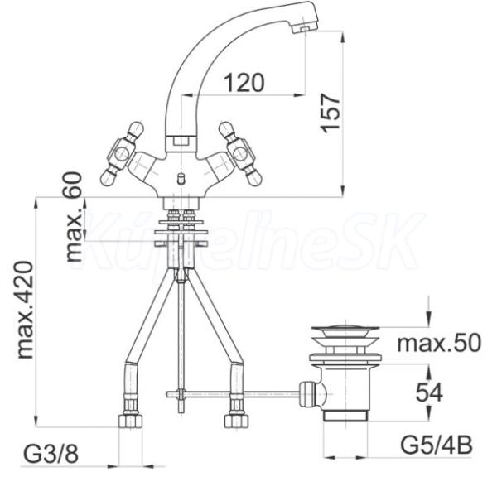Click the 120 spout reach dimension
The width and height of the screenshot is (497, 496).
coord(244,83)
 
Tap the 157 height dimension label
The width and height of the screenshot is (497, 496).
coord(331,113)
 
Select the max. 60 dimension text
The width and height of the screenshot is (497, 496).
coord(74,217)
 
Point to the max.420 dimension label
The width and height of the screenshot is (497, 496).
coord(25,310)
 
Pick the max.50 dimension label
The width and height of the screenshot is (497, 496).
coord(439,343)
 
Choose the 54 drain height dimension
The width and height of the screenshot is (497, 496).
coord(429,392)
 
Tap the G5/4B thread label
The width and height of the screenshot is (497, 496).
coord(437,445)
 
